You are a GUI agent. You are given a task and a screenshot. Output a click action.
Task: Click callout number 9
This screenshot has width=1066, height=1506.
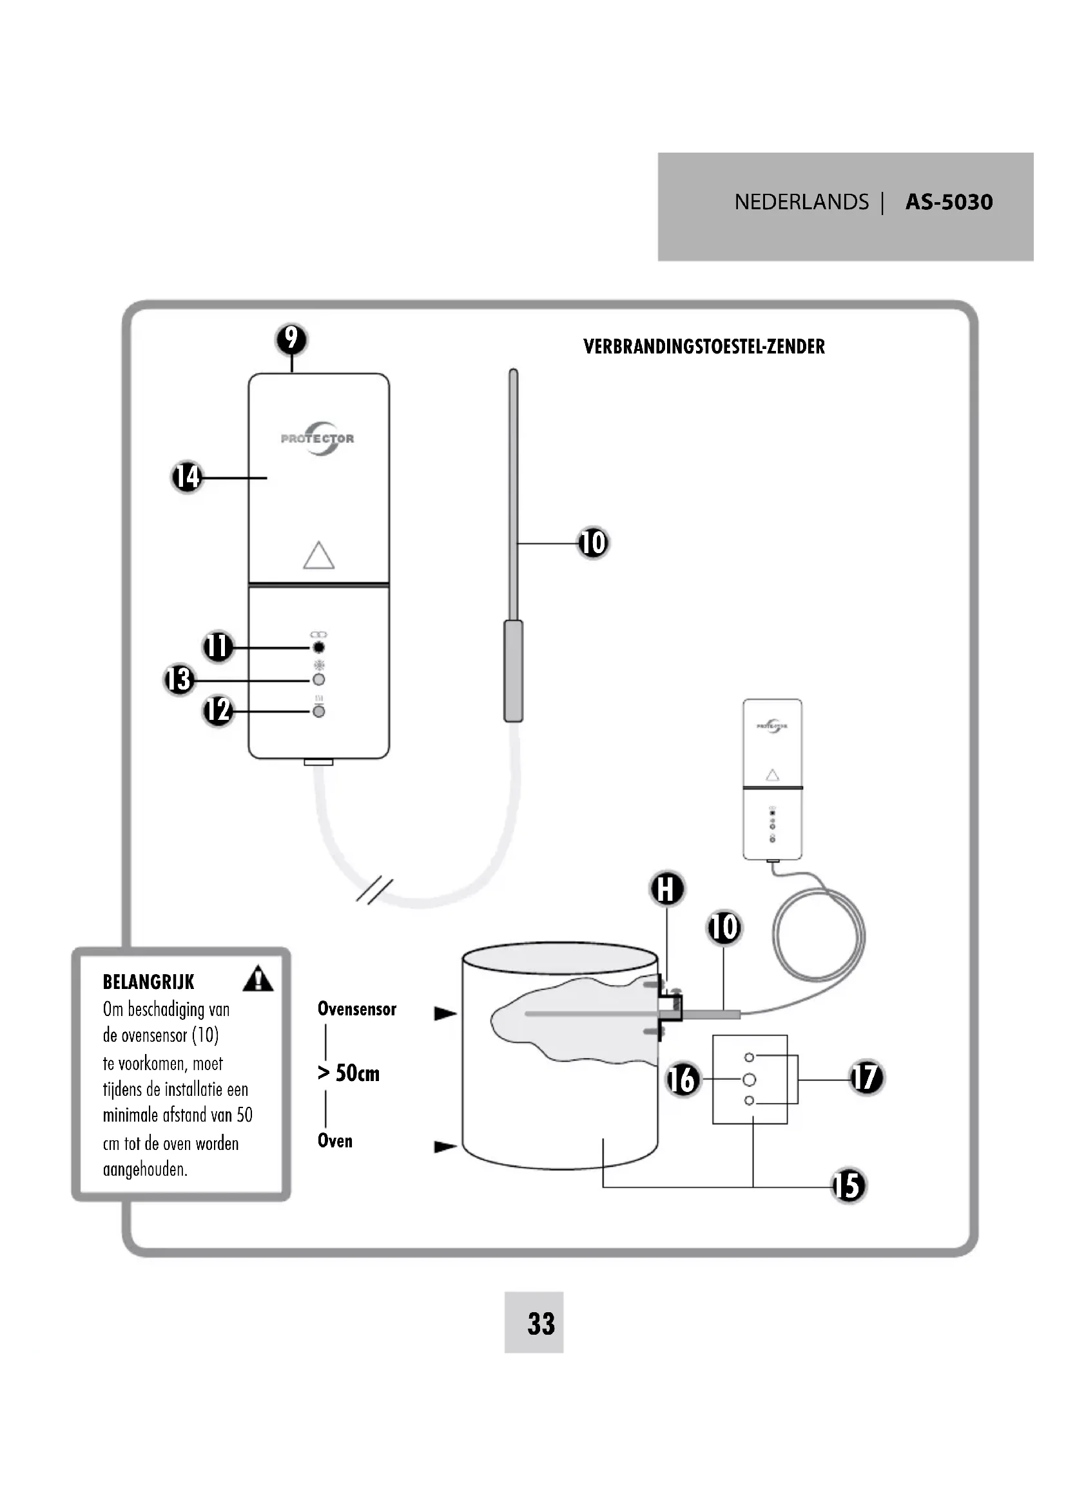pyautogui.click(x=292, y=339)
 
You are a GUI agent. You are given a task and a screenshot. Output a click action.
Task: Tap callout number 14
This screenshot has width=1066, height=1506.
pyautogui.click(x=187, y=477)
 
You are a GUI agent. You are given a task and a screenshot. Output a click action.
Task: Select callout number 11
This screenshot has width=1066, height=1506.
pyautogui.click(x=218, y=646)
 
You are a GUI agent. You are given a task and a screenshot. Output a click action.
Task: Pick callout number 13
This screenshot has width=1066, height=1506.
pyautogui.click(x=179, y=679)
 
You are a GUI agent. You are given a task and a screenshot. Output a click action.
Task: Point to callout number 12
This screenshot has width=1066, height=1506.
pyautogui.click(x=218, y=710)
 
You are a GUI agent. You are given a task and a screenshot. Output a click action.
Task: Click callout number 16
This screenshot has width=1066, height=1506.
pyautogui.click(x=683, y=1080)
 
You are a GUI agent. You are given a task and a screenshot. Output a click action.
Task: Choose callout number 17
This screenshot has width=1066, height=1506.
pyautogui.click(x=866, y=1078)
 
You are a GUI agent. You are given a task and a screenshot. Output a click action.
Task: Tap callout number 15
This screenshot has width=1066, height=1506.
pyautogui.click(x=849, y=1186)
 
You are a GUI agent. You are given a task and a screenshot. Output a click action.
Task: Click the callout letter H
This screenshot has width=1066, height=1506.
pyautogui.click(x=667, y=889)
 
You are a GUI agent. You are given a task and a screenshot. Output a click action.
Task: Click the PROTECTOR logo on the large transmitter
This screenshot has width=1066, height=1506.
pyautogui.click(x=318, y=438)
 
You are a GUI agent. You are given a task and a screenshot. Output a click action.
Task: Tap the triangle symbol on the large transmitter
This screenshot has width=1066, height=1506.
pyautogui.click(x=319, y=555)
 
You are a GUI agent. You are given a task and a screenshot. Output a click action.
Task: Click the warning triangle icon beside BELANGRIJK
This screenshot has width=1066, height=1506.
pyautogui.click(x=258, y=978)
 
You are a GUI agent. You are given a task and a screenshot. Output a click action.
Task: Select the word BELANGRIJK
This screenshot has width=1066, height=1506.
pyautogui.click(x=149, y=982)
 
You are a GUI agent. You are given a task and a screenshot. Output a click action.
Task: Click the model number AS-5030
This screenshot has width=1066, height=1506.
pyautogui.click(x=949, y=202)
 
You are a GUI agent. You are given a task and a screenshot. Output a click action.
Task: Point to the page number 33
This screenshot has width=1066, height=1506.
pyautogui.click(x=541, y=1324)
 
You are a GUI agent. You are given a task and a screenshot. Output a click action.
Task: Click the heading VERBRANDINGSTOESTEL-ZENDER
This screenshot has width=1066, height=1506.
pyautogui.click(x=704, y=346)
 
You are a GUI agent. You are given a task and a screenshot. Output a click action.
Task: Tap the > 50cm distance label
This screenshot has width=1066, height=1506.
pyautogui.click(x=349, y=1073)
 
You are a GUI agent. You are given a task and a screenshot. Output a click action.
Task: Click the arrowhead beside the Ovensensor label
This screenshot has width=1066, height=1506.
pyautogui.click(x=446, y=1013)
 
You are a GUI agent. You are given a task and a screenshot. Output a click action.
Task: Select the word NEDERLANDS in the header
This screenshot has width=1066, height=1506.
pyautogui.click(x=802, y=202)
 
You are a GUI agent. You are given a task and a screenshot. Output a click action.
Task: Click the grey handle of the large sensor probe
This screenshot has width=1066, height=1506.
pyautogui.click(x=513, y=670)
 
